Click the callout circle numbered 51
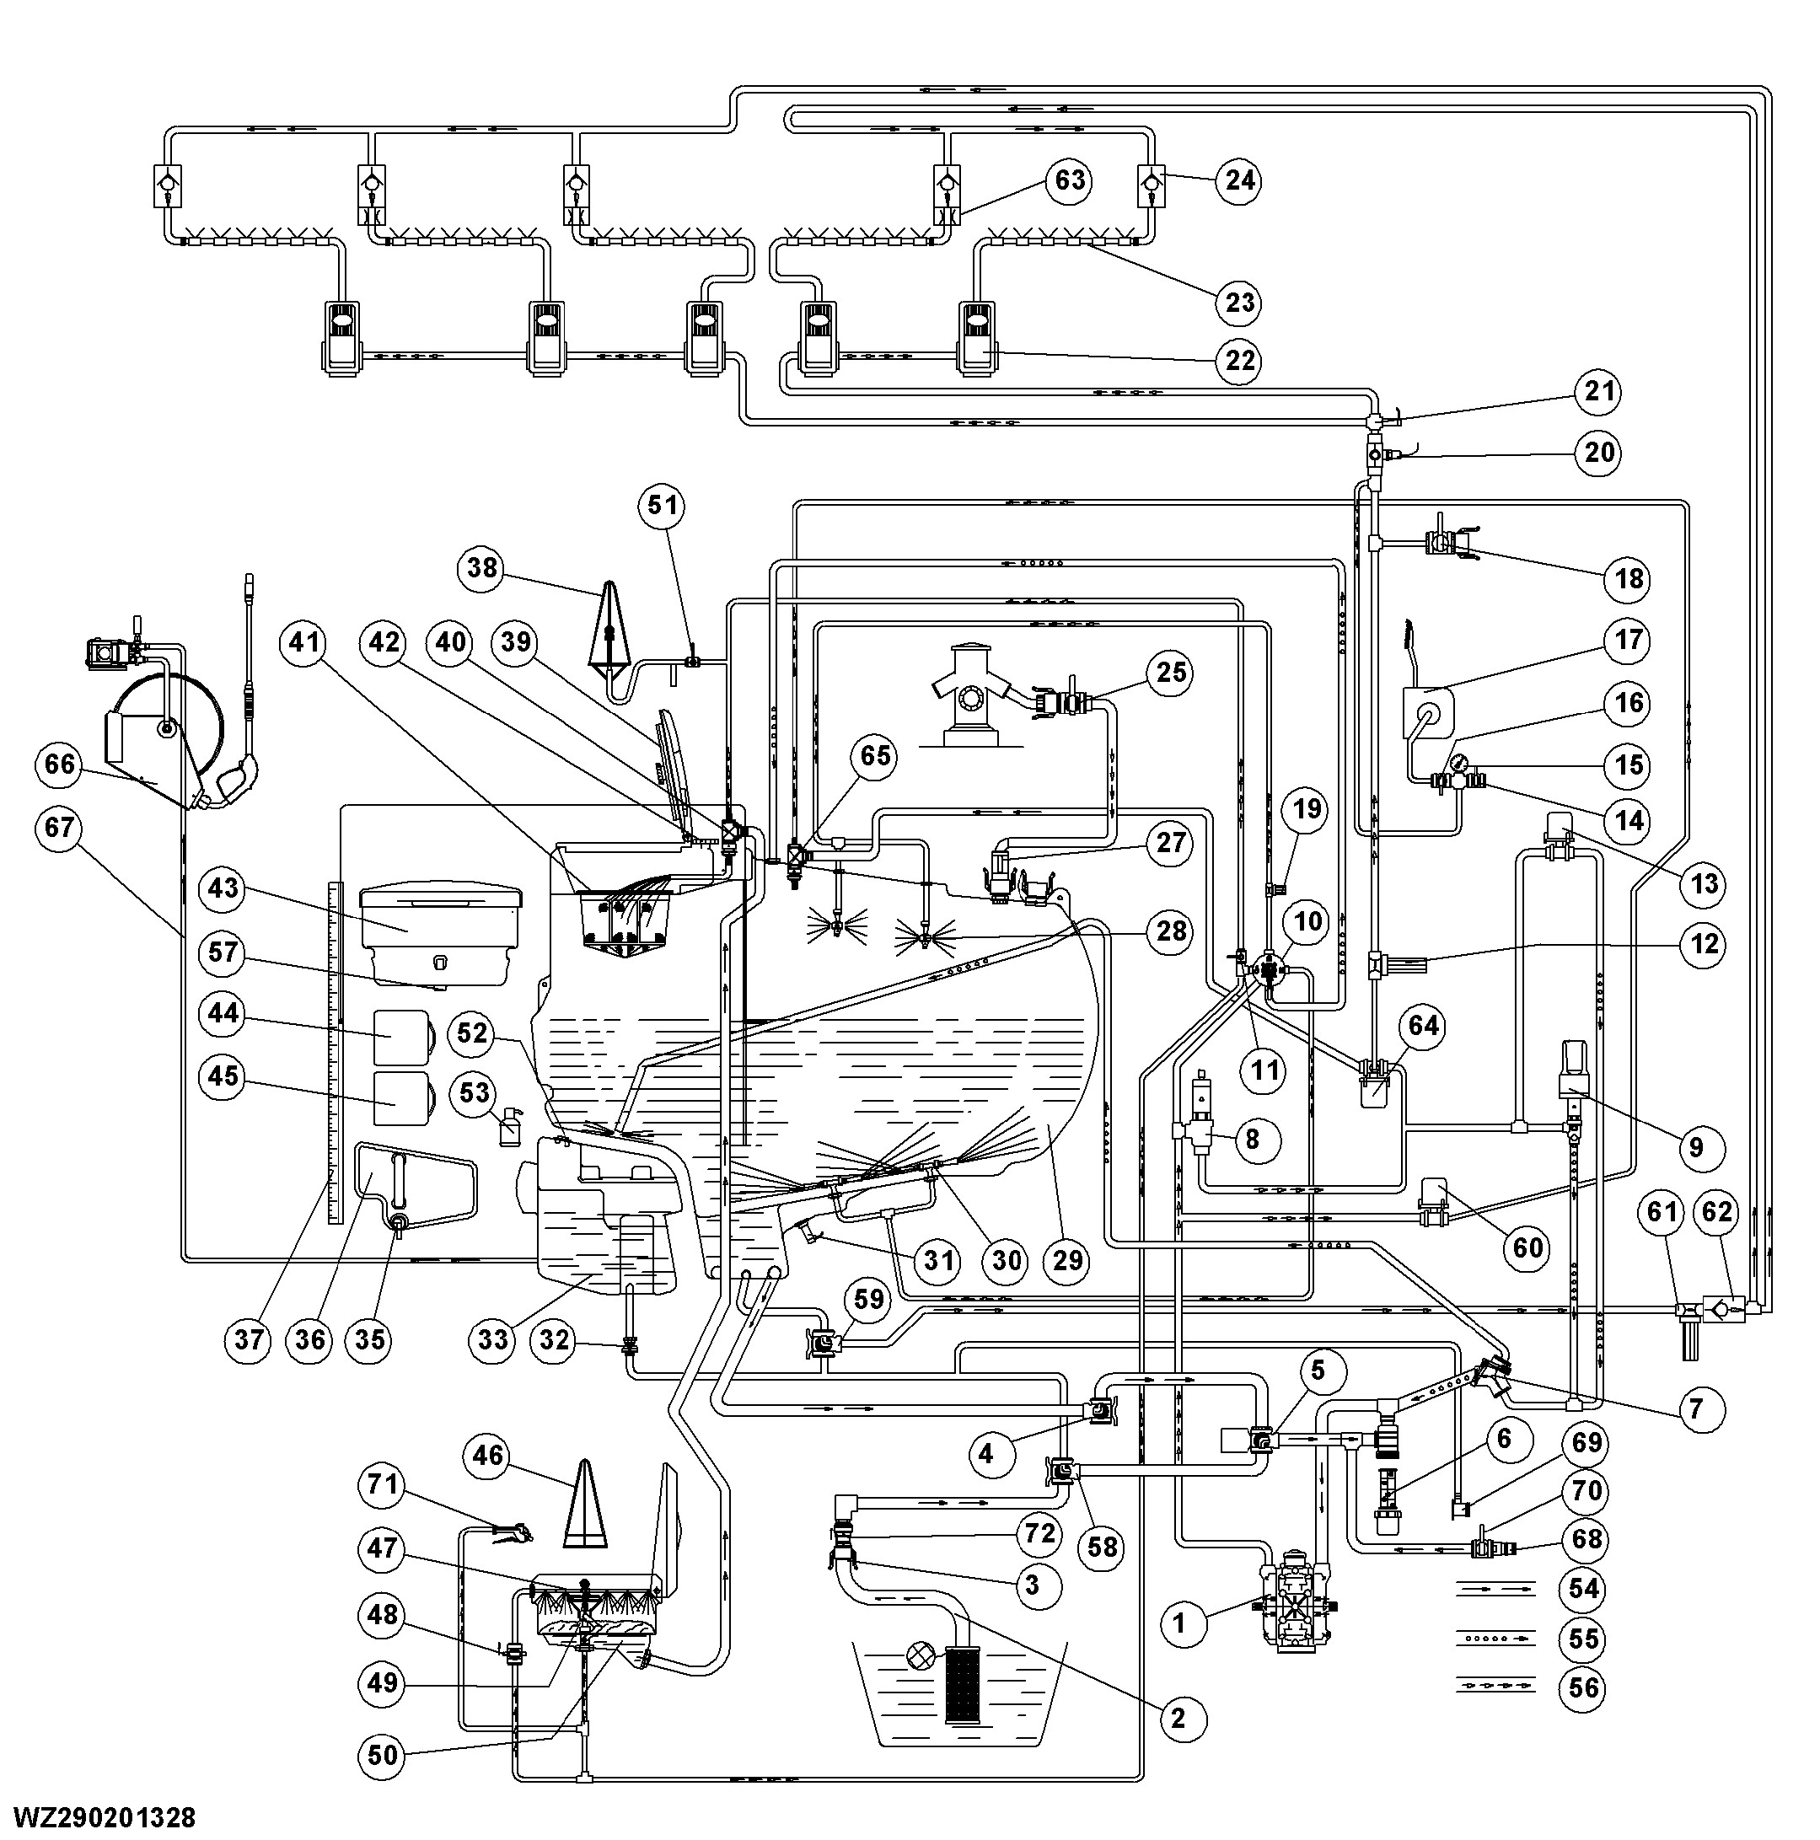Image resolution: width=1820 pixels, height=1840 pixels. click(x=663, y=505)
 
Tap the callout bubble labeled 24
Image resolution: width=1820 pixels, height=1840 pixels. click(x=1239, y=180)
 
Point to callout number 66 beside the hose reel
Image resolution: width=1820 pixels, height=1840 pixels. click(x=60, y=764)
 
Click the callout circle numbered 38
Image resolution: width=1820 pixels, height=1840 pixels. click(x=482, y=569)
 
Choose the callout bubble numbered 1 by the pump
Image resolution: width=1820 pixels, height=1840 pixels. click(x=1180, y=1623)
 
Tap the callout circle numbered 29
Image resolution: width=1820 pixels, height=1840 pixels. click(x=1067, y=1261)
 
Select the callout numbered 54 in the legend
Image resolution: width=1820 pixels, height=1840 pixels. click(x=1584, y=1589)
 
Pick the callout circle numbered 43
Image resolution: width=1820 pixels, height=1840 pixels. click(x=223, y=888)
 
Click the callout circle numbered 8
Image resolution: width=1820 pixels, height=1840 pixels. click(x=1253, y=1139)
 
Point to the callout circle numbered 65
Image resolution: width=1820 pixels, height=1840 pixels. click(x=875, y=756)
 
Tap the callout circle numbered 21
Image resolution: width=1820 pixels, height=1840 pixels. click(x=1599, y=391)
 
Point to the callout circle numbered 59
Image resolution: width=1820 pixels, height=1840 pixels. click(x=868, y=1300)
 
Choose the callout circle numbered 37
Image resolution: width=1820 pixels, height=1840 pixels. click(x=249, y=1340)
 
